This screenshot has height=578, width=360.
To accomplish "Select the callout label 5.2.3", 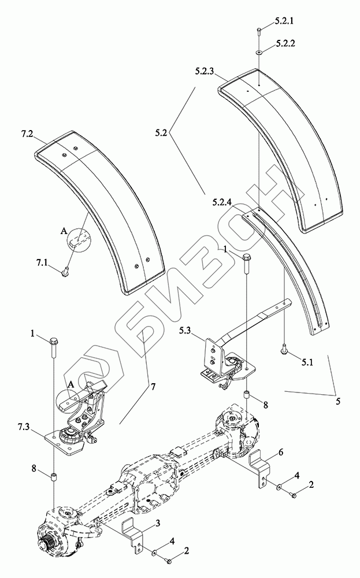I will [x=206, y=71].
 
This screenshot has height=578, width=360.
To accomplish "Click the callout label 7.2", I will [x=27, y=134].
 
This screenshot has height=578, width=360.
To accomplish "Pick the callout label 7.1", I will [x=42, y=263].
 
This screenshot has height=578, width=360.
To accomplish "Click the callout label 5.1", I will [x=306, y=363].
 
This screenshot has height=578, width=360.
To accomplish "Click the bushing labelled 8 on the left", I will [x=54, y=476].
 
